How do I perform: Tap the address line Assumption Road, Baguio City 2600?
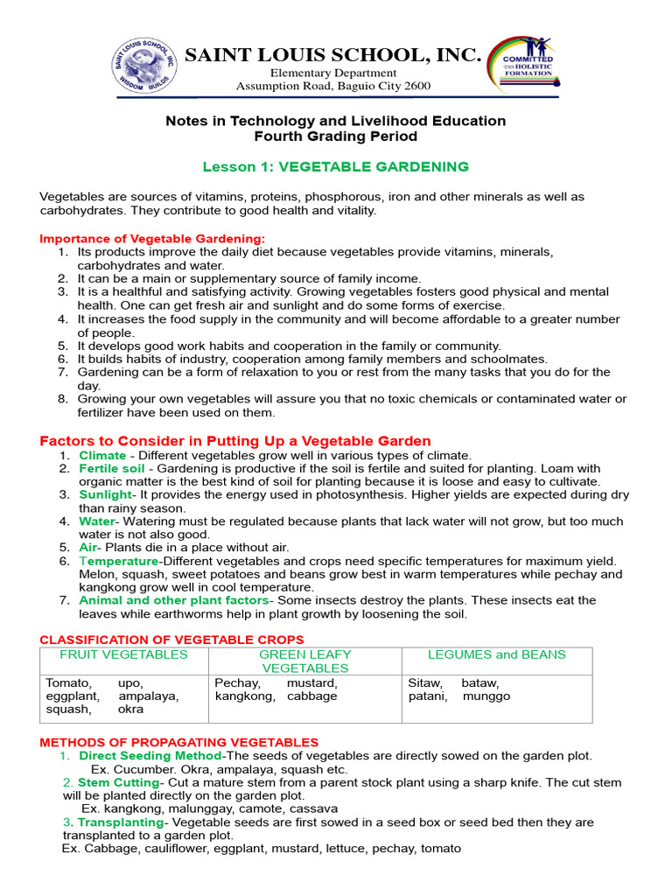(333, 86)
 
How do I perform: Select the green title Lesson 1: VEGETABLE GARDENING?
(336, 166)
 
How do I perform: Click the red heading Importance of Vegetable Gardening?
(152, 238)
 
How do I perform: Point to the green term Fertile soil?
(111, 468)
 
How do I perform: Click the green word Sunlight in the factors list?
(105, 494)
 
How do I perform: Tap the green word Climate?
(102, 455)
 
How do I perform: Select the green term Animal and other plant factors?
(173, 600)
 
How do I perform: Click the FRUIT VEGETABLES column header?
(123, 654)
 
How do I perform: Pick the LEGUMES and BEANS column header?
(496, 654)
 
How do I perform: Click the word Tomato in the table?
(68, 682)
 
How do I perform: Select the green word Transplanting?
(121, 822)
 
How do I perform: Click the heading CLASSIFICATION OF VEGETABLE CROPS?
(172, 640)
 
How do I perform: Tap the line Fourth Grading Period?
(336, 136)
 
